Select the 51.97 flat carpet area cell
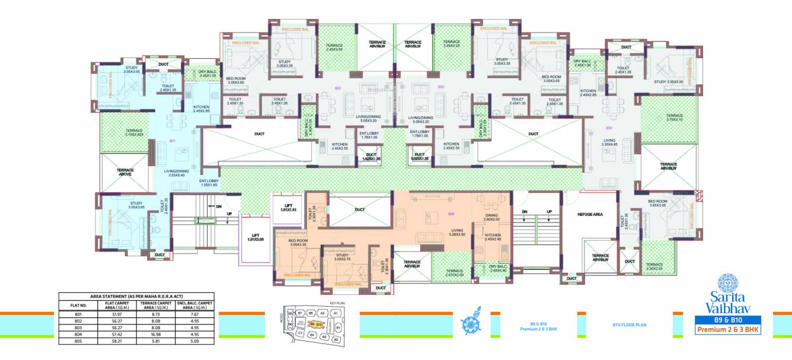coord(113,314)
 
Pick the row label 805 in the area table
coord(75,341)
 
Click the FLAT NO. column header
coord(75,305)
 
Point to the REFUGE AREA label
coord(590,214)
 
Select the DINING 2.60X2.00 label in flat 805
coord(491,217)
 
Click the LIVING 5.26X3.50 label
coord(456,233)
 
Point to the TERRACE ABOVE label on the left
coord(125,173)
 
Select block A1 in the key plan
coord(335,313)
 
